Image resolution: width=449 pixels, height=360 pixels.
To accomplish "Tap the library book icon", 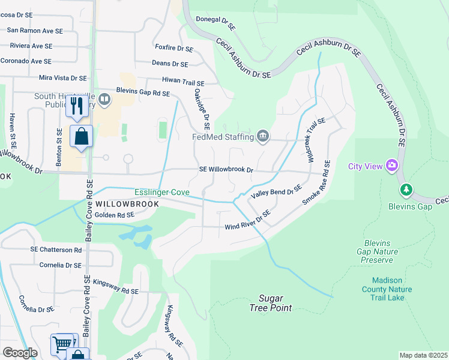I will click(105, 99).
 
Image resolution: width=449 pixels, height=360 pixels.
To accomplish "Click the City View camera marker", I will click(392, 165).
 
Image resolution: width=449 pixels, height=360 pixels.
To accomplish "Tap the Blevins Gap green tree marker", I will click(406, 190).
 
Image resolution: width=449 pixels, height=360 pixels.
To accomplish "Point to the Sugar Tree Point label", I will click(271, 303).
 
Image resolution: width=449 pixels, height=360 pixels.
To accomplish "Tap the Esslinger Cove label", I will click(161, 193).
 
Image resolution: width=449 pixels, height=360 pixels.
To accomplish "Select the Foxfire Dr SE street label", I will click(173, 49).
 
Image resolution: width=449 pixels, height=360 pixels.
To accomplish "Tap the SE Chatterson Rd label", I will click(56, 250).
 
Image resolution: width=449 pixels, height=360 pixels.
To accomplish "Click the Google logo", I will click(20, 352).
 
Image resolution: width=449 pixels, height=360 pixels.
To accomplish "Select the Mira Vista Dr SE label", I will click(62, 78).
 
